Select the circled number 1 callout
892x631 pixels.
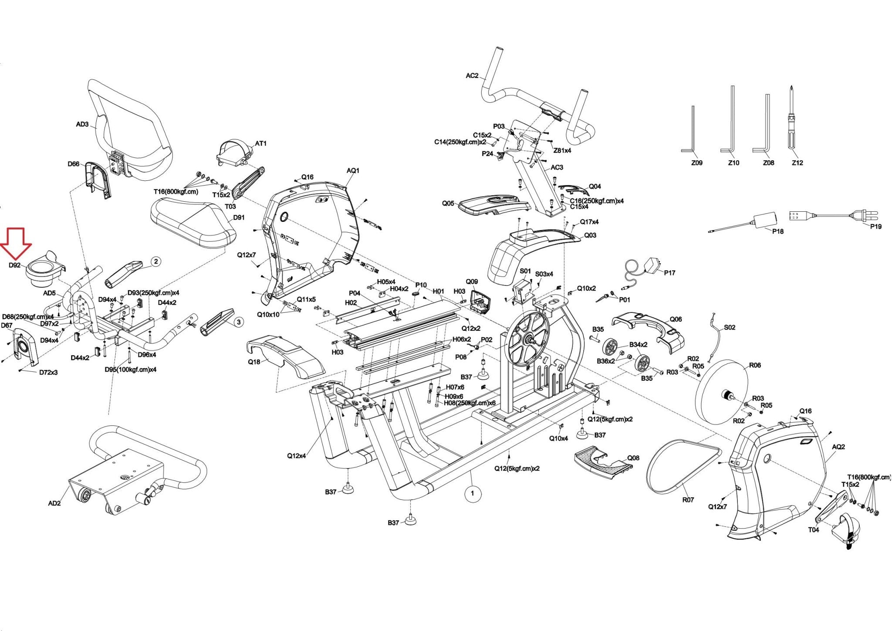click(473, 494)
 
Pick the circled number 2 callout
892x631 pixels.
click(156, 261)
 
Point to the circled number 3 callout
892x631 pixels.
click(238, 322)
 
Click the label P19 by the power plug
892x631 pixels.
click(875, 227)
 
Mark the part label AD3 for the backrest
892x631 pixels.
click(82, 125)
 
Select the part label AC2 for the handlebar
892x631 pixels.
click(472, 76)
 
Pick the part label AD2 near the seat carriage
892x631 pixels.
click(54, 503)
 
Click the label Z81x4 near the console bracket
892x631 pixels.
click(562, 150)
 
